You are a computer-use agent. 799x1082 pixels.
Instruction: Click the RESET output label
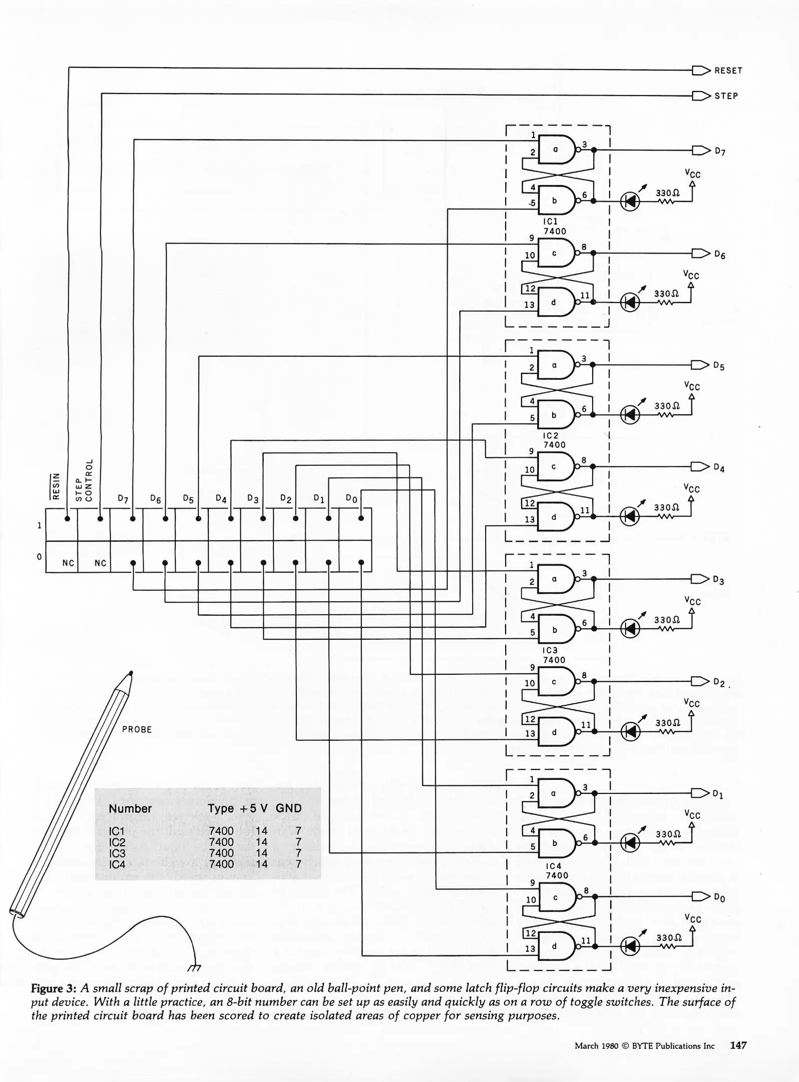coord(728,71)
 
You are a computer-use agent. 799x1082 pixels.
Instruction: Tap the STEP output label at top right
coord(726,96)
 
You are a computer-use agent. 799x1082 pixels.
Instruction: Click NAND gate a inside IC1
coord(556,149)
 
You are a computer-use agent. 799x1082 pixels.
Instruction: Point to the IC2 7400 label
coord(554,440)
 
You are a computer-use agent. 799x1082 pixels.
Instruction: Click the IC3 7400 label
coord(554,655)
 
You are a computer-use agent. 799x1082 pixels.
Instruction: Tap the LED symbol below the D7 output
coord(630,201)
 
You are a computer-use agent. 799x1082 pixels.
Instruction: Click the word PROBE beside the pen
coord(137,729)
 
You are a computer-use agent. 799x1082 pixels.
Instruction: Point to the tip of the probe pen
coord(131,673)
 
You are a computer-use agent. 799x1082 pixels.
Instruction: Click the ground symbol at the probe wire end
coord(194,967)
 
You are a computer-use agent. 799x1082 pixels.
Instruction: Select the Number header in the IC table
coord(130,808)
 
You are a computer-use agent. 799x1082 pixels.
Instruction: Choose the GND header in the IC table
coord(288,808)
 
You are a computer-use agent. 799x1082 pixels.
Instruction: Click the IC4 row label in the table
coord(117,864)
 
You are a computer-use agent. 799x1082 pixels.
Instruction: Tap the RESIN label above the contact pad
coord(57,486)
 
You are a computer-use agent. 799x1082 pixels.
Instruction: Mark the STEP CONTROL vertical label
coord(85,480)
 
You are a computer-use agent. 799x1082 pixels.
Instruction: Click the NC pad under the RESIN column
coord(68,563)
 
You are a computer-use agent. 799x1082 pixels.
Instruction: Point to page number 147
coord(738,1045)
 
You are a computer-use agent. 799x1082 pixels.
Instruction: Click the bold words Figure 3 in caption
coord(53,988)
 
